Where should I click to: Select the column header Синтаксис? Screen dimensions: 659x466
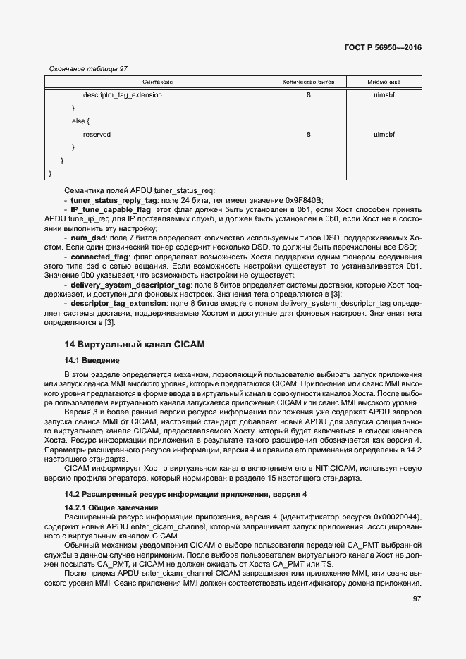coord(158,82)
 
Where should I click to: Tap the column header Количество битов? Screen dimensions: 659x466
coord(308,82)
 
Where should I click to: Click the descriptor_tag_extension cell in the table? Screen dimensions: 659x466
coord(122,94)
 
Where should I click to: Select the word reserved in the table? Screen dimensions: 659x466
coord(97,134)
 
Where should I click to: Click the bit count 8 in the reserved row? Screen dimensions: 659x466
coord(308,134)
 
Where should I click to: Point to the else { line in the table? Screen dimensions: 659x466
coord(80,121)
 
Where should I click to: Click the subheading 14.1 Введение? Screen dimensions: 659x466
coord(92,360)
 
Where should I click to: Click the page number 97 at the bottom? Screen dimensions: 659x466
coord(416,599)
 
